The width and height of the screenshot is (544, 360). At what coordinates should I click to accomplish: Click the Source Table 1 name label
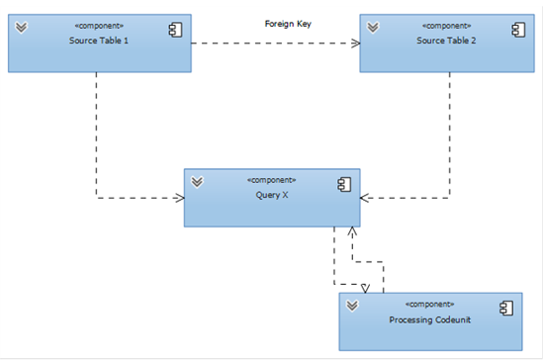[99, 41]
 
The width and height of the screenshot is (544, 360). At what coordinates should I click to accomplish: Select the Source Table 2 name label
[446, 41]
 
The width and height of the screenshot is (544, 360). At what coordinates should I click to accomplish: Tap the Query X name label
[272, 195]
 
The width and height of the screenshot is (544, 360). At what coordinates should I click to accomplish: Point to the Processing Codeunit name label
[430, 319]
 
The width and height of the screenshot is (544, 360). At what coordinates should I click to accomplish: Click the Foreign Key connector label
[288, 24]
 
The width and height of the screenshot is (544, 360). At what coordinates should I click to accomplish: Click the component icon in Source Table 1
[175, 30]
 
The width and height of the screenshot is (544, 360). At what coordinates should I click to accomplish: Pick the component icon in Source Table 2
[518, 30]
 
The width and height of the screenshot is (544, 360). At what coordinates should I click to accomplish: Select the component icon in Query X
[344, 185]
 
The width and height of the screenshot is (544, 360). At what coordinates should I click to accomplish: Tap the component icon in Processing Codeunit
[506, 309]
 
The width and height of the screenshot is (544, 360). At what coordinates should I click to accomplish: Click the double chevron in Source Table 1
[21, 27]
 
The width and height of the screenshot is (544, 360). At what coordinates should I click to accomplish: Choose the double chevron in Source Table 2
[373, 27]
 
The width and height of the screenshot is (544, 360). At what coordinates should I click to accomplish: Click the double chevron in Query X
[197, 182]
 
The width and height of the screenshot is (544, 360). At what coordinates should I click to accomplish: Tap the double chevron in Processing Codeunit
[352, 306]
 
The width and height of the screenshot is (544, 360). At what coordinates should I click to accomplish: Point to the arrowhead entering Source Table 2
[356, 44]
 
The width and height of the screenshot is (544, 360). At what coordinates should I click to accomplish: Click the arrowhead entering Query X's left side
[180, 198]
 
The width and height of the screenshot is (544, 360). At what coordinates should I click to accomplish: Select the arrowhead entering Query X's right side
[365, 198]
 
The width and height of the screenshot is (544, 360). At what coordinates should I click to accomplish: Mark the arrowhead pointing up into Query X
[352, 231]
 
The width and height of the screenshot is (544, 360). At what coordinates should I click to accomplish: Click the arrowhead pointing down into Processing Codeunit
[365, 289]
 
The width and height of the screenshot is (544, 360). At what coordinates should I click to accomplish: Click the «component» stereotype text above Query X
[272, 180]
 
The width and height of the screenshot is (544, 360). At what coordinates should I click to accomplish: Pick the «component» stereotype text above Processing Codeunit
[430, 305]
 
